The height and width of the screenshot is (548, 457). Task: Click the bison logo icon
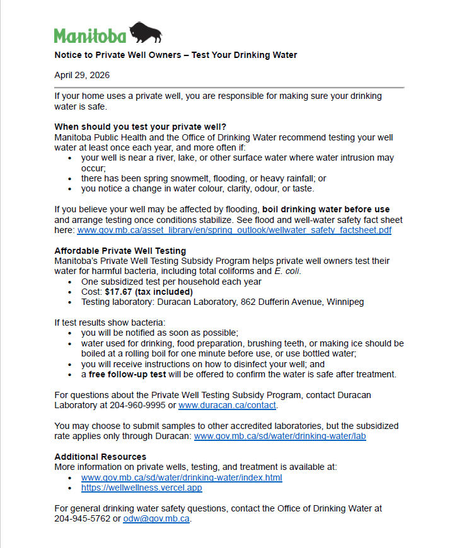coord(146,33)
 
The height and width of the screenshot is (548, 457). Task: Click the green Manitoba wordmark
coord(90,35)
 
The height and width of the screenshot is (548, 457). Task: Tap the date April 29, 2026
coord(82,75)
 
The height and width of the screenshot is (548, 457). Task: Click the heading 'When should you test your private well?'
coord(140,126)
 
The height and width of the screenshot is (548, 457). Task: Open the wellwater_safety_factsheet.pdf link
coord(234,231)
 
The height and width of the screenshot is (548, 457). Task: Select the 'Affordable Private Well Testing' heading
coord(120,251)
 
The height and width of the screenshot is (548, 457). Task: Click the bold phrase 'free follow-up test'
coord(127,374)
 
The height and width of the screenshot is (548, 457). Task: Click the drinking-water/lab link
coord(280,436)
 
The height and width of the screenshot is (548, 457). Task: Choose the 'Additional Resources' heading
coord(100,456)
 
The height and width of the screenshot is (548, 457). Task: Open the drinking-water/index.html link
coord(182,477)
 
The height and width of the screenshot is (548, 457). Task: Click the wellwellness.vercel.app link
coord(142,488)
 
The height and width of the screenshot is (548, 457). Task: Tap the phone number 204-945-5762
coord(83,519)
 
